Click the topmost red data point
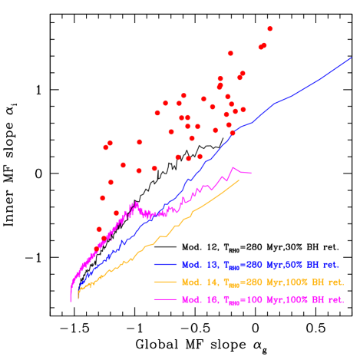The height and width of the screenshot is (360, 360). tap(270, 29)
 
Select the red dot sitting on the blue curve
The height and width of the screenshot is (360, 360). tap(233, 133)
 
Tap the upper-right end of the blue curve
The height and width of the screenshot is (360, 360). tap(352, 57)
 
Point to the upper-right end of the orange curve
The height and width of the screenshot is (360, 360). tap(239, 180)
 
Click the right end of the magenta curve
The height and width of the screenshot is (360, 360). tap(250, 173)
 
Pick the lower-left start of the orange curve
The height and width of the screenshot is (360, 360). tap(78, 296)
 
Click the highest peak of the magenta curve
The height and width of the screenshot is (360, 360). tap(233, 167)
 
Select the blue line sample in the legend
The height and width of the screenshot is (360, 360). tap(166, 264)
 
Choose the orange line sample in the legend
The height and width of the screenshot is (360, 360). tap(166, 282)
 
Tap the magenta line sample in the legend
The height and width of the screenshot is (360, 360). tap(166, 299)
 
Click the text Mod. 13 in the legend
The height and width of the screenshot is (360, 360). tap(197, 264)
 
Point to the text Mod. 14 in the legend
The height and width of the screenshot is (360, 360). tap(197, 282)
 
